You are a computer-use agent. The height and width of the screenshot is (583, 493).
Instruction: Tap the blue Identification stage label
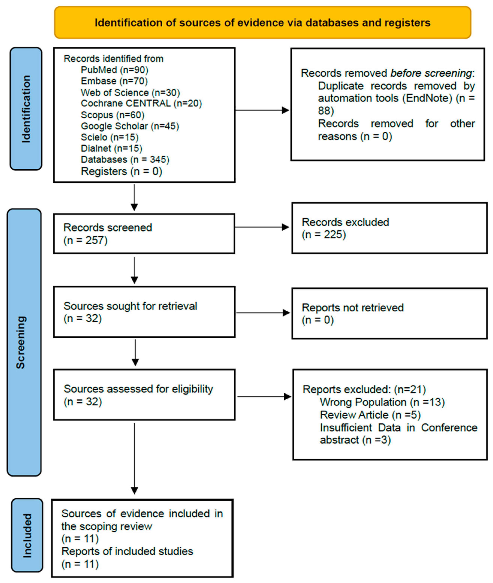click(26, 109)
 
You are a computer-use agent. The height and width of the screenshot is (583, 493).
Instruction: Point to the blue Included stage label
click(27, 535)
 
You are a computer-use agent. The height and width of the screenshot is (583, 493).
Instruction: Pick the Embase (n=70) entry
click(114, 81)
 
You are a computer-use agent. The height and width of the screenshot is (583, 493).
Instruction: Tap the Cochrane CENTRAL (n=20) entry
click(141, 103)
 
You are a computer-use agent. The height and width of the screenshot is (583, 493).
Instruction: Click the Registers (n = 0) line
click(122, 171)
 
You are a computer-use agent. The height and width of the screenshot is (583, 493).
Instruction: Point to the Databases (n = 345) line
click(125, 160)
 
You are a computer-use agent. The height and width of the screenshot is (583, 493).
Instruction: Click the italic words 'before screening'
click(431, 73)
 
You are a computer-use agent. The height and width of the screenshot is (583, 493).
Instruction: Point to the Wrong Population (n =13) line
click(382, 402)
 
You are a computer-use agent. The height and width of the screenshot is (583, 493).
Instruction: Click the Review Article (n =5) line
click(370, 415)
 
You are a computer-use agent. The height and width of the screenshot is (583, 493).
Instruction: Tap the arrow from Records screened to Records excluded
click(262, 227)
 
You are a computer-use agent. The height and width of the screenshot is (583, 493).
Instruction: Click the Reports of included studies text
click(127, 551)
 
